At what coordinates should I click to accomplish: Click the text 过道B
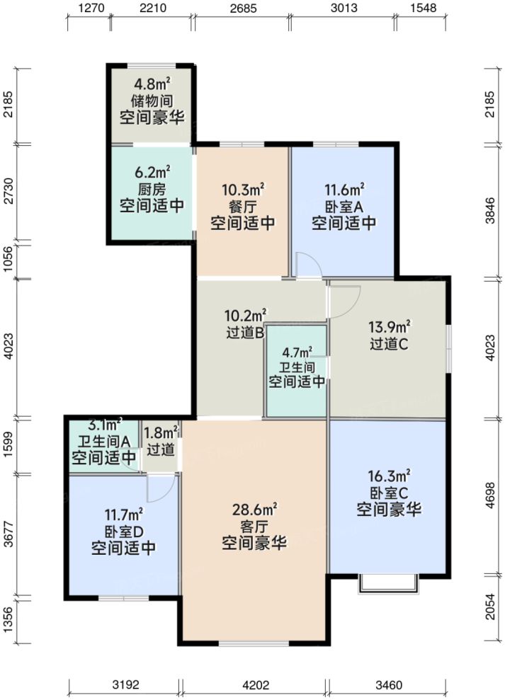tap(245, 332)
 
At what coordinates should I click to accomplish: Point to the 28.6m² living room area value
tap(254, 509)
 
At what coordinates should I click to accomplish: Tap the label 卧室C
tap(389, 493)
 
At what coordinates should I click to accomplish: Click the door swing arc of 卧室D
tap(160, 486)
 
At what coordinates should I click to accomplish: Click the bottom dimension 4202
tap(254, 685)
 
